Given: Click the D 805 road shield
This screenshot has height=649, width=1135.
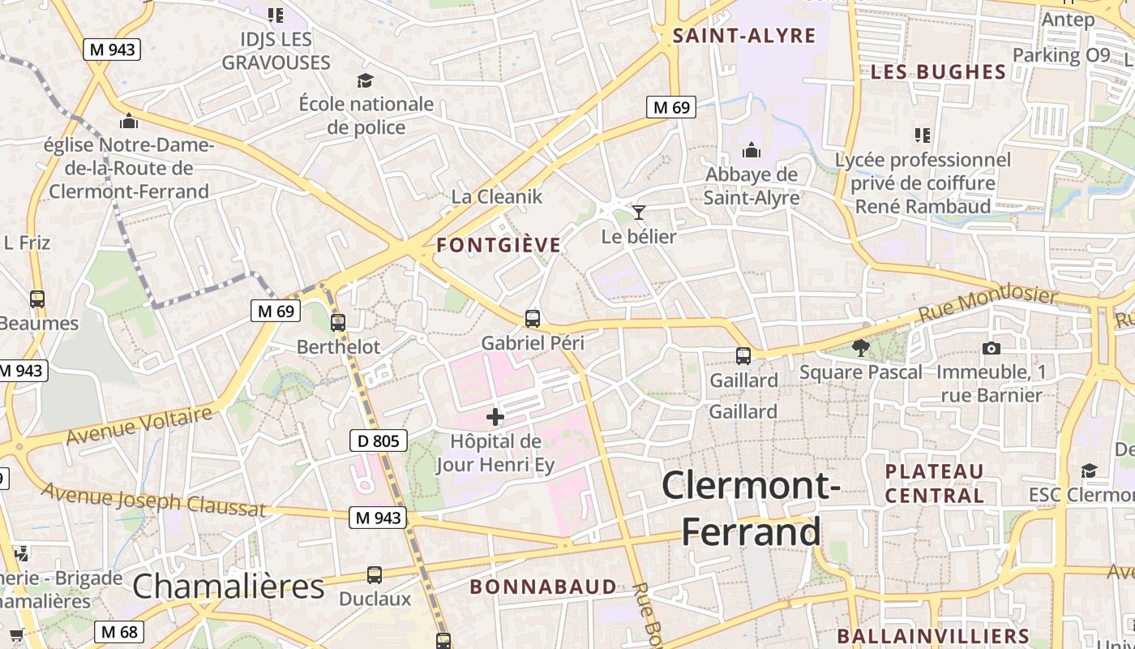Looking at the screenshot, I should pyautogui.click(x=379, y=441).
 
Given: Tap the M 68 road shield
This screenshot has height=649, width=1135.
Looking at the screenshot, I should pyautogui.click(x=119, y=632).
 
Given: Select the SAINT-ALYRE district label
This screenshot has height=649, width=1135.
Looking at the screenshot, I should pyautogui.click(x=744, y=36).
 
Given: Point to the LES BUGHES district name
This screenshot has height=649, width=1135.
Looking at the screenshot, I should pyautogui.click(x=938, y=71).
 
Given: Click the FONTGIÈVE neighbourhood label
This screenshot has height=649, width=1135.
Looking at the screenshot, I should pyautogui.click(x=499, y=245).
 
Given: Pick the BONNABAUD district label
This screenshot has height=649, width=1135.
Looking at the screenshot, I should pyautogui.click(x=543, y=587).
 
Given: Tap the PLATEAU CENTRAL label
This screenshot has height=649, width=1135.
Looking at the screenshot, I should pyautogui.click(x=934, y=484).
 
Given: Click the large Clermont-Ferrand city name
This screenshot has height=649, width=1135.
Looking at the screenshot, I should pyautogui.click(x=751, y=509).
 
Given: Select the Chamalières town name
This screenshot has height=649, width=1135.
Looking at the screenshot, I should pyautogui.click(x=228, y=587).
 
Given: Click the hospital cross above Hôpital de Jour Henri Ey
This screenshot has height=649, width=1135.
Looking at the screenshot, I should pyautogui.click(x=495, y=417).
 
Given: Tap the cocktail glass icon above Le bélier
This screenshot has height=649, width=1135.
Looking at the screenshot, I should pyautogui.click(x=639, y=213).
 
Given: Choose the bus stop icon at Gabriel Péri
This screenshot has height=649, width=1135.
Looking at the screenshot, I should pyautogui.click(x=533, y=319).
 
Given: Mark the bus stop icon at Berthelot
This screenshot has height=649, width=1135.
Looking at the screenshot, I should pyautogui.click(x=338, y=323).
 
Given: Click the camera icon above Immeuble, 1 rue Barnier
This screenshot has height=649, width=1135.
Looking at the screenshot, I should pyautogui.click(x=991, y=349).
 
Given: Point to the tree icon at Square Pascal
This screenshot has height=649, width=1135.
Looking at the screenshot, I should pyautogui.click(x=861, y=348).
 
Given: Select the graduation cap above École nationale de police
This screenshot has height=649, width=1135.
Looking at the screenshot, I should pyautogui.click(x=366, y=80).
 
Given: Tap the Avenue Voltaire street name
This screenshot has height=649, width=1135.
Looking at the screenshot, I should pyautogui.click(x=139, y=426).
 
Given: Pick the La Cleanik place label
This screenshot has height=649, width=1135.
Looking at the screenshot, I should pyautogui.click(x=497, y=196).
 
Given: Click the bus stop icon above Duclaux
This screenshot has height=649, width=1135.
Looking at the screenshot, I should pyautogui.click(x=375, y=575).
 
